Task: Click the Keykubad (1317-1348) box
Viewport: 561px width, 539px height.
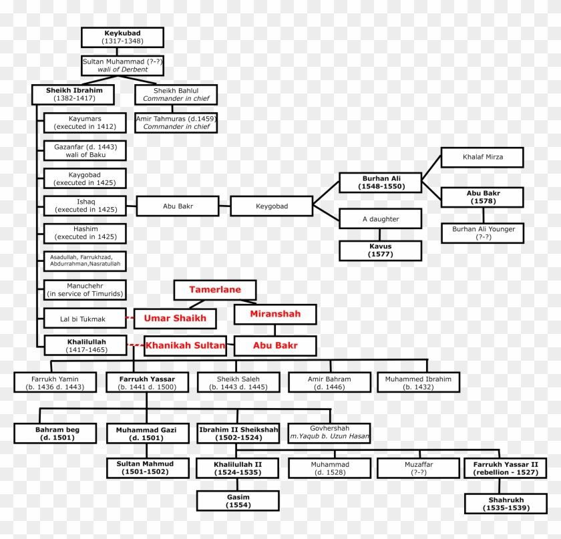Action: click(x=123, y=37)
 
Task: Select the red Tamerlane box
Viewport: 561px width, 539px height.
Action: click(x=215, y=290)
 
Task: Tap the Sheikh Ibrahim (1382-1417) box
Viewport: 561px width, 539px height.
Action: click(x=73, y=94)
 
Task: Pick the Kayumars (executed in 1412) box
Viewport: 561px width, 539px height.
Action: click(x=85, y=122)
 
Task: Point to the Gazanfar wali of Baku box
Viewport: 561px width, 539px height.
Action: click(x=85, y=150)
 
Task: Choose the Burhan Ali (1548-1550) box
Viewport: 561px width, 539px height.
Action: click(x=380, y=183)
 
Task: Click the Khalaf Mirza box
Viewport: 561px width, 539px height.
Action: click(x=482, y=158)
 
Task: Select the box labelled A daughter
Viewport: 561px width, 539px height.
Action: click(x=380, y=218)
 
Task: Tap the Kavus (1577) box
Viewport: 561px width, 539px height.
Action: click(x=380, y=250)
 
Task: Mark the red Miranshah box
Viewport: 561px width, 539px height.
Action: click(x=275, y=314)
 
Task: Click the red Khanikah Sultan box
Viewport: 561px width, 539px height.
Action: click(x=185, y=346)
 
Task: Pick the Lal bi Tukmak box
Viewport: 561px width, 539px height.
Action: click(x=85, y=319)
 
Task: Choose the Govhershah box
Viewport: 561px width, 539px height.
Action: click(x=329, y=432)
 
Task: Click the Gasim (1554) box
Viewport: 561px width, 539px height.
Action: click(x=237, y=500)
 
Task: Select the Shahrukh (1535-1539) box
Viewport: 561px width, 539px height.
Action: click(x=506, y=504)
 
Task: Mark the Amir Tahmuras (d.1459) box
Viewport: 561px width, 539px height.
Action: click(x=176, y=122)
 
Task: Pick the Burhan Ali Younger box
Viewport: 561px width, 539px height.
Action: click(x=482, y=233)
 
